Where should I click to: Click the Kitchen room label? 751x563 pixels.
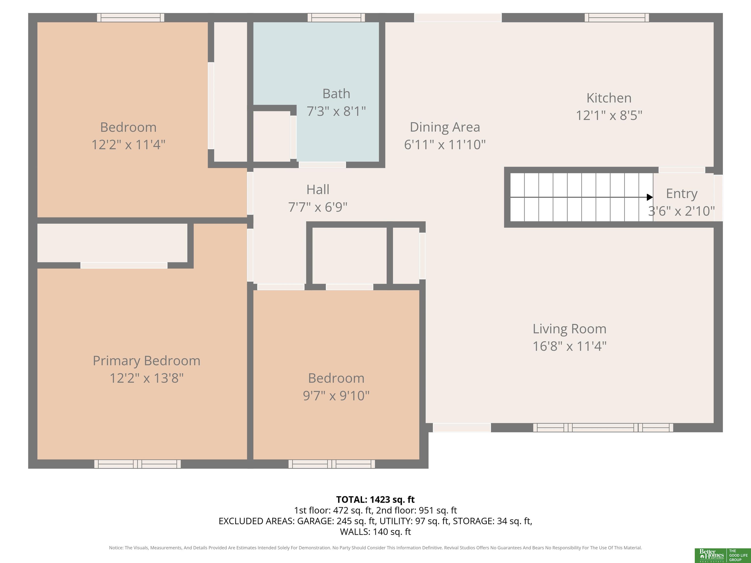(x=609, y=98)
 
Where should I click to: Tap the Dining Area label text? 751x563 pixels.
(x=445, y=127)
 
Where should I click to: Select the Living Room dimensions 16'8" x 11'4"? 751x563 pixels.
(x=569, y=346)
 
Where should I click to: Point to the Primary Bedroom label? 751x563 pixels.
(x=146, y=361)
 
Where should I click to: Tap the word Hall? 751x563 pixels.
(x=318, y=189)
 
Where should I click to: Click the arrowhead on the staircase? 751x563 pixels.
(x=650, y=197)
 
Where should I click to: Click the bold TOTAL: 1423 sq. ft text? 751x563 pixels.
(x=375, y=499)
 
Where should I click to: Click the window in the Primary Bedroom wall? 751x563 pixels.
(x=137, y=464)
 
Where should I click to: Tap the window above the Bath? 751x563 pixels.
(x=336, y=17)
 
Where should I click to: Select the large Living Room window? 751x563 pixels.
(x=603, y=428)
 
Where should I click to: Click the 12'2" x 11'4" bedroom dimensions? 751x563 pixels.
(x=128, y=145)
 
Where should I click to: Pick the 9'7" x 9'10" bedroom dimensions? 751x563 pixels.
(x=336, y=396)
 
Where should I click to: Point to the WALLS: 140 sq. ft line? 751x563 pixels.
(x=375, y=532)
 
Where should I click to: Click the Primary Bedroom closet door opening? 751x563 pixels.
(x=124, y=265)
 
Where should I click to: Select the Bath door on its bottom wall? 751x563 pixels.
(x=322, y=165)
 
